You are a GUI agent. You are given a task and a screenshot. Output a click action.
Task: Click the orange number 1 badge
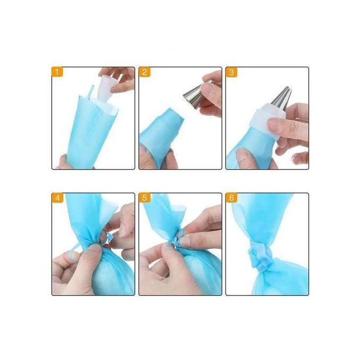[x=57, y=72]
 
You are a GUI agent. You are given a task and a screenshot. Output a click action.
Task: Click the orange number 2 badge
[x=145, y=72]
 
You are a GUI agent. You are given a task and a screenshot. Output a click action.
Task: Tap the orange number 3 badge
[x=231, y=72]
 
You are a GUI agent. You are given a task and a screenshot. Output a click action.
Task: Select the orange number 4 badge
[x=57, y=197]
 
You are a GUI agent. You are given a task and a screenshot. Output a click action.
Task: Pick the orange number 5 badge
[x=145, y=197]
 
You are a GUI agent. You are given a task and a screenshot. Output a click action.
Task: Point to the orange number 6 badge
[x=231, y=197]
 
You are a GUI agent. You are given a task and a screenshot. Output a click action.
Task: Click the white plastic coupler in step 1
[x=106, y=88]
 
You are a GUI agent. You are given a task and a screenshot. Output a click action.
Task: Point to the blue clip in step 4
[x=109, y=238]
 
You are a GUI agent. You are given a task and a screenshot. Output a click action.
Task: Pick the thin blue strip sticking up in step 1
[x=90, y=92]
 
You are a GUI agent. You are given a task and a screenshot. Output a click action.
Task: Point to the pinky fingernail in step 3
[x=295, y=159]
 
